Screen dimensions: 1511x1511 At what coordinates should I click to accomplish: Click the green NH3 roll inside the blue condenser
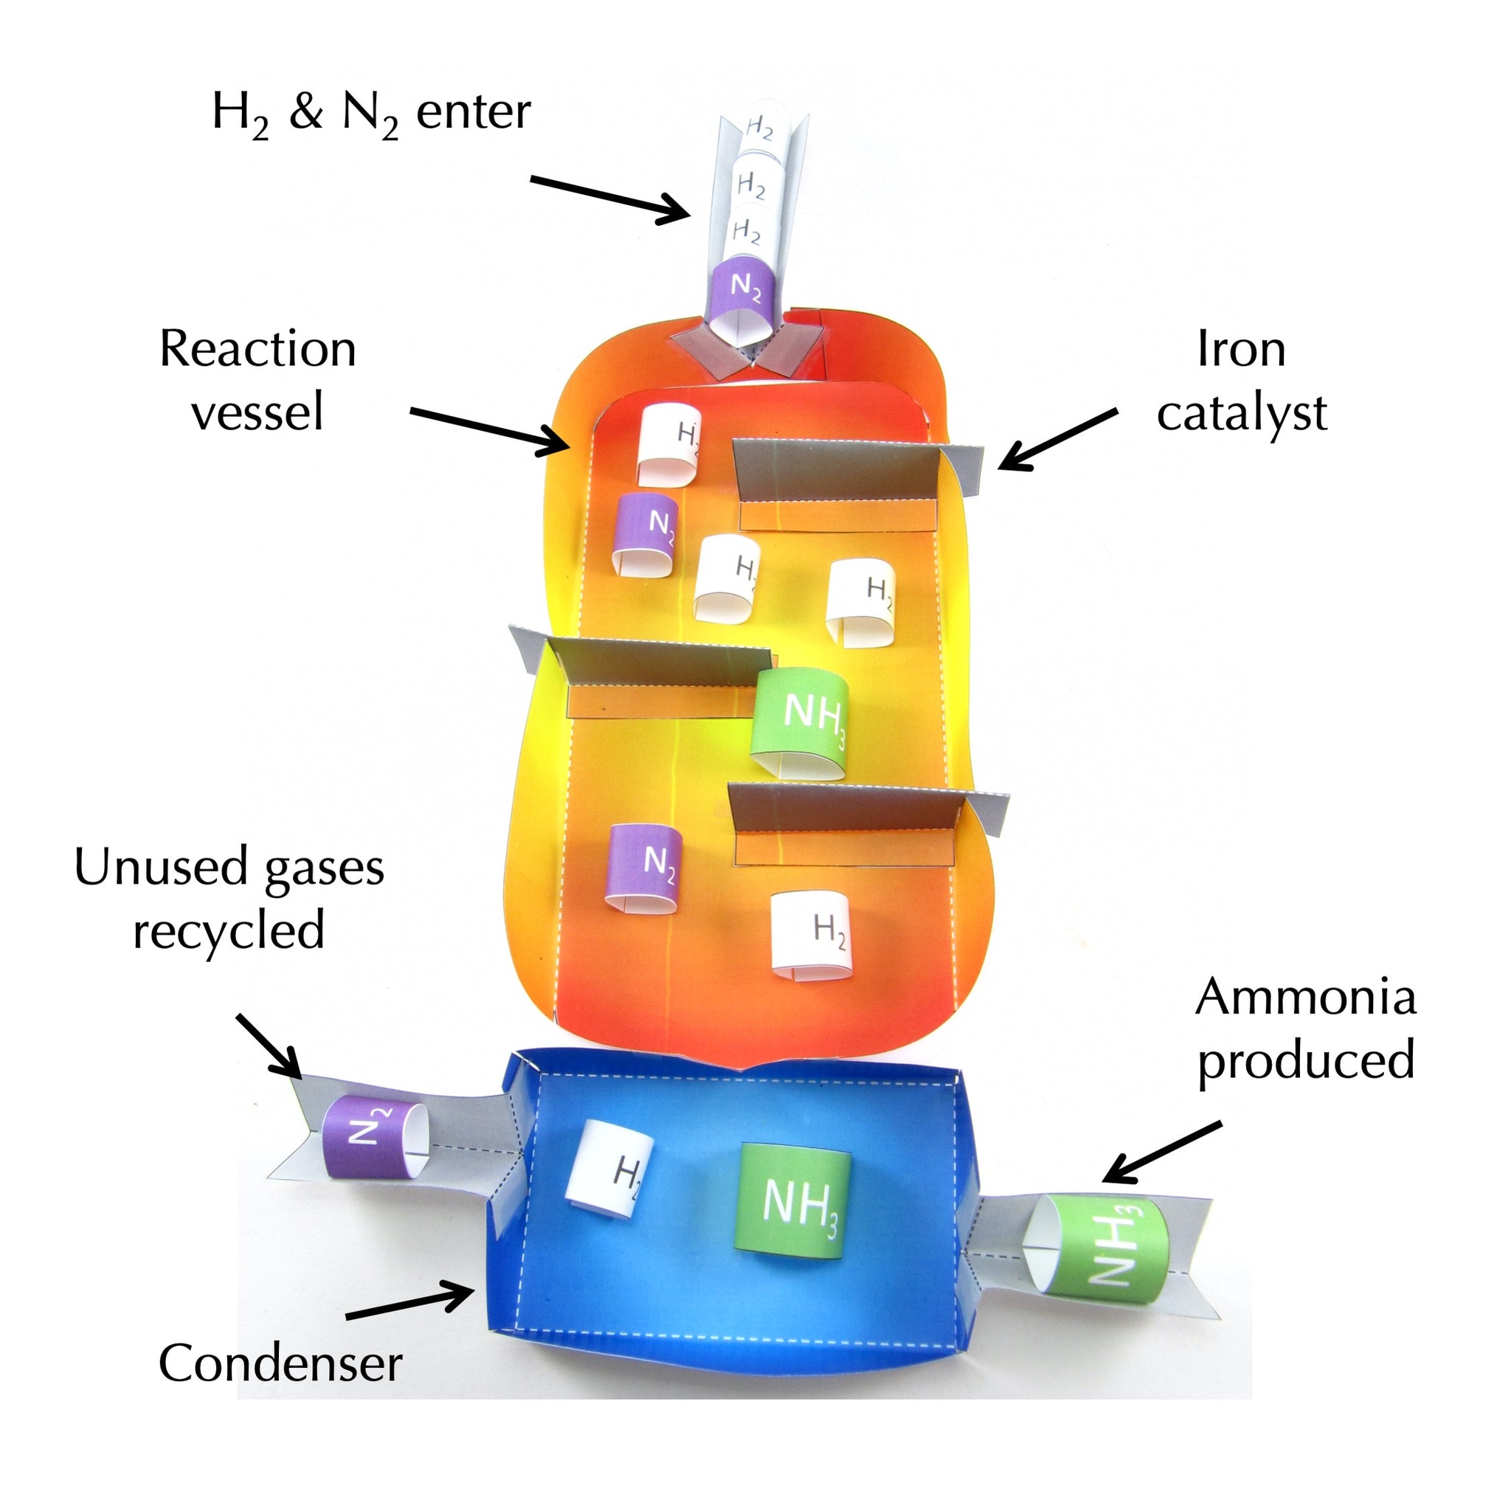795,1200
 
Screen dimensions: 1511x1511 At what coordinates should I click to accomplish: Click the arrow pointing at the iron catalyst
1056,440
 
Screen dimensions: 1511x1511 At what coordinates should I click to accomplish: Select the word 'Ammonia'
1305,997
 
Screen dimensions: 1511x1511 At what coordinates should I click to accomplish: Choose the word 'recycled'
229,930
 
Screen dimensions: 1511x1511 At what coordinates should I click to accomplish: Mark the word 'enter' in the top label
473,112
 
